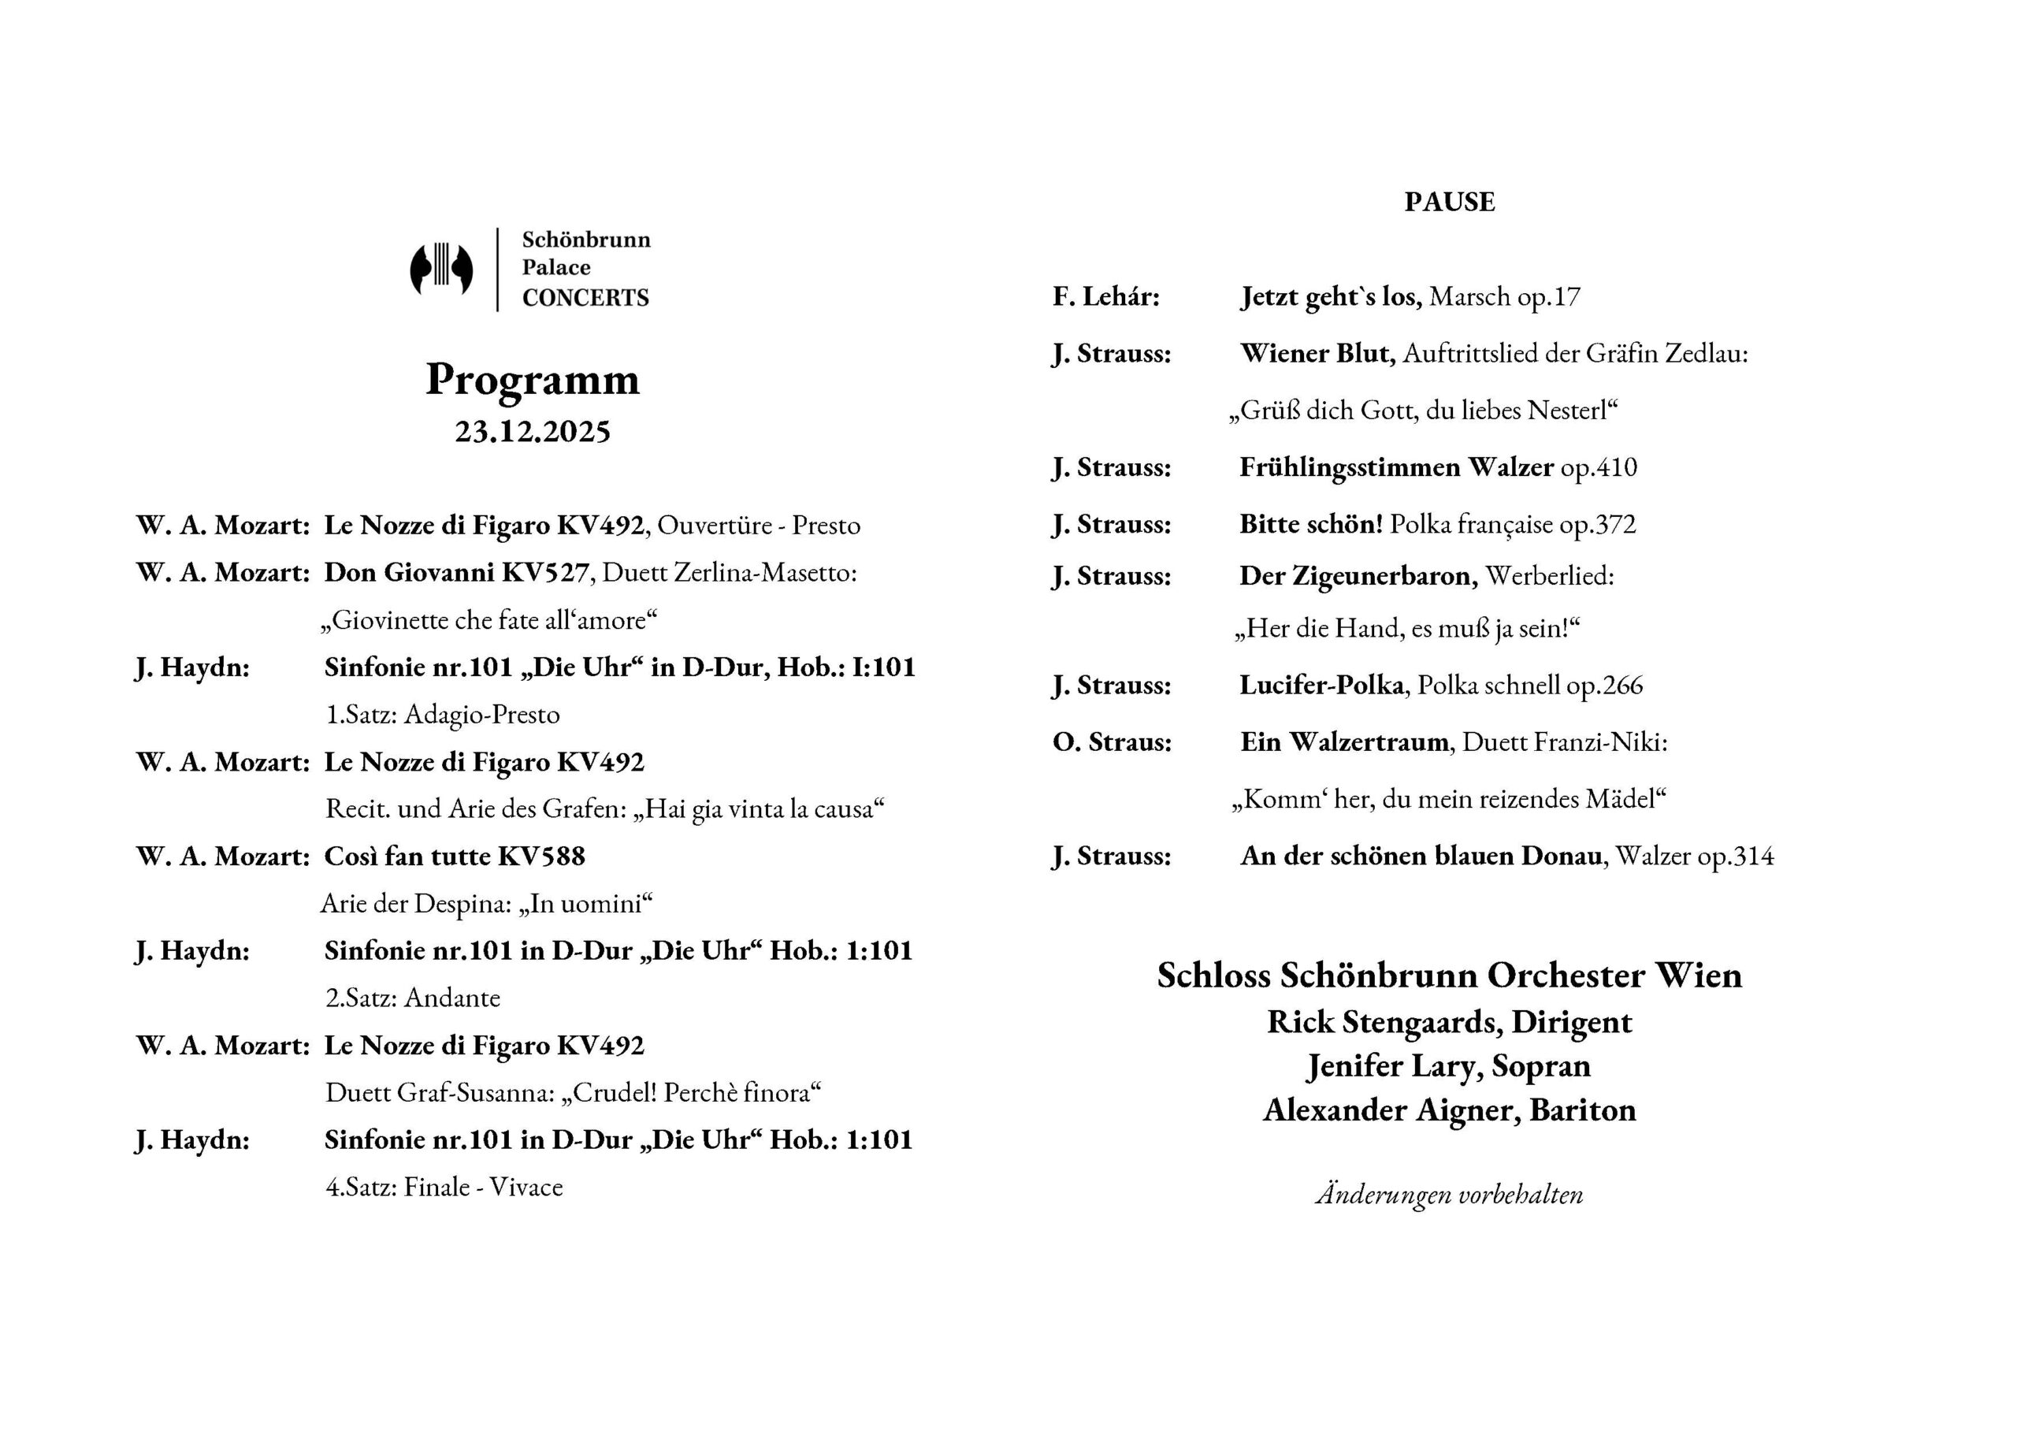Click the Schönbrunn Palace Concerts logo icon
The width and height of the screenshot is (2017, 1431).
[x=441, y=269]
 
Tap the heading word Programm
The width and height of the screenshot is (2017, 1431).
[x=532, y=380]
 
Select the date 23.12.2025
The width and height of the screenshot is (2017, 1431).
[x=532, y=432]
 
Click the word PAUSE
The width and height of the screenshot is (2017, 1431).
[x=1449, y=202]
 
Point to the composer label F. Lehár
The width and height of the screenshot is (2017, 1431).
[x=1105, y=297]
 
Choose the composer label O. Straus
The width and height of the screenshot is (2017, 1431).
[x=1112, y=742]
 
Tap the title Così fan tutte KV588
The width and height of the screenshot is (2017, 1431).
[x=455, y=857]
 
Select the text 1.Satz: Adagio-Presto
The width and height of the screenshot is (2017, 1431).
[x=442, y=715]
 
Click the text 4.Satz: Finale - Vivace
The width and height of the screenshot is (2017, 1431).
[x=444, y=1187]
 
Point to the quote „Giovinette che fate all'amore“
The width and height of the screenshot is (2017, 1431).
[x=488, y=620]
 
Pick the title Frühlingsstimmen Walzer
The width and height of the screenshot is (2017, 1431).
[x=1396, y=467]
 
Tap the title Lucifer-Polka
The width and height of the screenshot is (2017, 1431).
[x=1321, y=686]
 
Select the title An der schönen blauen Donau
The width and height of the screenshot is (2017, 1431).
[x=1420, y=857]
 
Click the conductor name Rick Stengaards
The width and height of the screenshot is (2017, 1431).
[x=1384, y=1022]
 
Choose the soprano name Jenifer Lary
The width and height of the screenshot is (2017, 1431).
[x=1395, y=1066]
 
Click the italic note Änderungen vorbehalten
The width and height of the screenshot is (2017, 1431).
[x=1449, y=1195]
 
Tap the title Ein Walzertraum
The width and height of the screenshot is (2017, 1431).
[x=1344, y=742]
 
